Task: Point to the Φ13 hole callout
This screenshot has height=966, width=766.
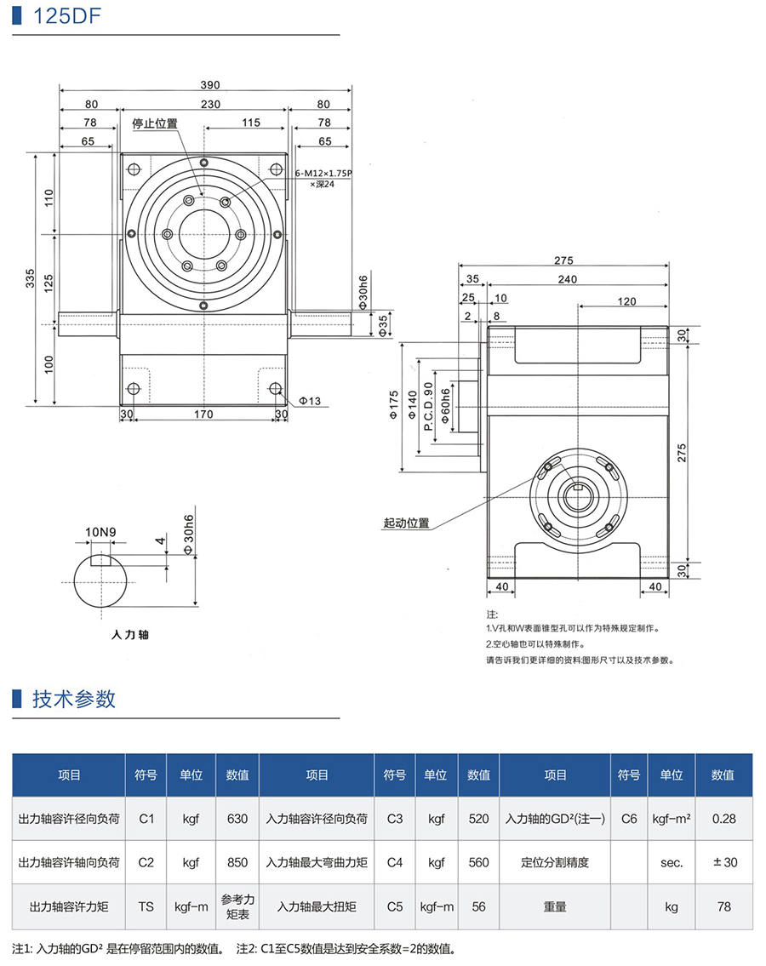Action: pos(311,400)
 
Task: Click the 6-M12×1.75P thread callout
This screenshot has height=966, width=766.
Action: pos(323,173)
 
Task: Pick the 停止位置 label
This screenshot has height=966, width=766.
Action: pos(155,123)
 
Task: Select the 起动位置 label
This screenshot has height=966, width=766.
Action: pos(406,523)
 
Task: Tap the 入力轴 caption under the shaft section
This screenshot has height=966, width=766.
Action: pos(130,634)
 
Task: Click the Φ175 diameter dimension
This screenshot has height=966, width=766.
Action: pos(393,406)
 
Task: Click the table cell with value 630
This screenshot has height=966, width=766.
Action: pos(237,818)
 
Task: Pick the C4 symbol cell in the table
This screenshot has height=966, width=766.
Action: pos(394,862)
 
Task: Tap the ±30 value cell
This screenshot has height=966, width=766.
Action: pos(724,862)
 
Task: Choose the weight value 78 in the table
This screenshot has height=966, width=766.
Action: pos(724,906)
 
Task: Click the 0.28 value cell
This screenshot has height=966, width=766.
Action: pos(724,818)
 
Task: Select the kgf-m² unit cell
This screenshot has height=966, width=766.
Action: pos(672,818)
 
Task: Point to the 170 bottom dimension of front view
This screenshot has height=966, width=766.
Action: pos(203,414)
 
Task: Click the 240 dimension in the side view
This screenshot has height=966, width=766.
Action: pos(569,278)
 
